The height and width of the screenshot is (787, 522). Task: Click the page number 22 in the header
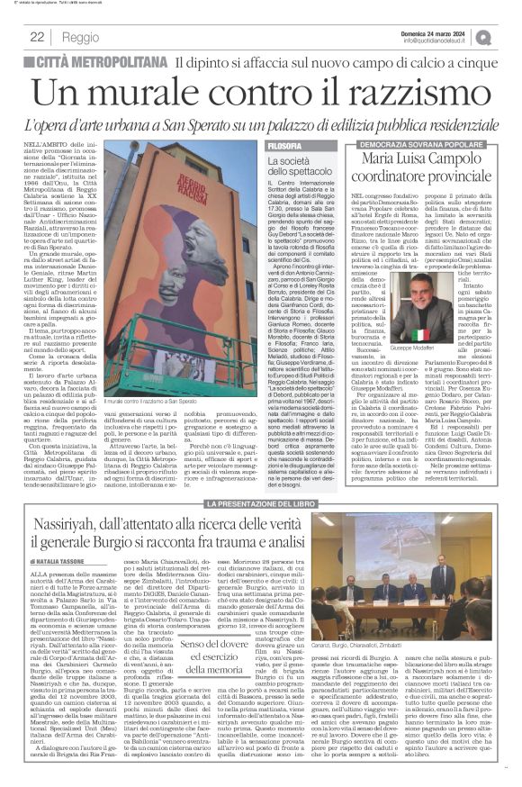click(x=37, y=37)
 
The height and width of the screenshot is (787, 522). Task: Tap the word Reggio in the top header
click(x=81, y=38)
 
